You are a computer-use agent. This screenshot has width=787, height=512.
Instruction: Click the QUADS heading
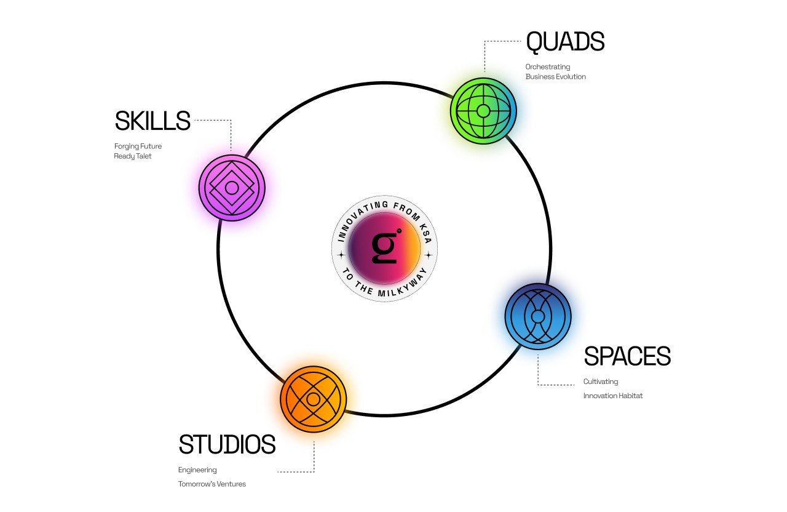[x=565, y=42]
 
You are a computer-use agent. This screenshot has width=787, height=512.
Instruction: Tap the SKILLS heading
[x=152, y=121]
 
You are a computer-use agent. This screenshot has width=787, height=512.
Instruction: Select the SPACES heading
[x=627, y=356]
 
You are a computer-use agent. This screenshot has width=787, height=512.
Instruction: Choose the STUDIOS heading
[x=227, y=444]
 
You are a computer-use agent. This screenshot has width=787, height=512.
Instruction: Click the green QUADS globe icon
[x=483, y=111]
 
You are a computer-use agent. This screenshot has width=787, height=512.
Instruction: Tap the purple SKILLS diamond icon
[x=232, y=188]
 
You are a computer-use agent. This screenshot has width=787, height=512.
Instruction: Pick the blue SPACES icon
[x=538, y=316]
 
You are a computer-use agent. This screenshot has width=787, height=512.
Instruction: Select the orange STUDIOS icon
[x=314, y=399]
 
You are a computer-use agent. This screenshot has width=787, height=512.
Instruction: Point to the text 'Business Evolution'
[x=556, y=77]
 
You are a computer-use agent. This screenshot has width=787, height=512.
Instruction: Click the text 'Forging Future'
[x=138, y=146]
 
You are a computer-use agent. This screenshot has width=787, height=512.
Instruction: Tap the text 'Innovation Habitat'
[x=613, y=396]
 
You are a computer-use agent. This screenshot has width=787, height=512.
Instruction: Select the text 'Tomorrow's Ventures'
[x=212, y=484]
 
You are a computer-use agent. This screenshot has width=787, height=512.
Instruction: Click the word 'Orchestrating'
[x=548, y=66]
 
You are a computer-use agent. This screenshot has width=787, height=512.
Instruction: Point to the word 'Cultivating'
[x=601, y=382]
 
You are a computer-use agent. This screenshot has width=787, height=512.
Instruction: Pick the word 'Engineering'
[x=197, y=470]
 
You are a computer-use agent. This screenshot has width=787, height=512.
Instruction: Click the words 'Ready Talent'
[x=133, y=156]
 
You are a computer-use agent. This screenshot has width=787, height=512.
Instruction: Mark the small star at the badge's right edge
[x=429, y=255]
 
